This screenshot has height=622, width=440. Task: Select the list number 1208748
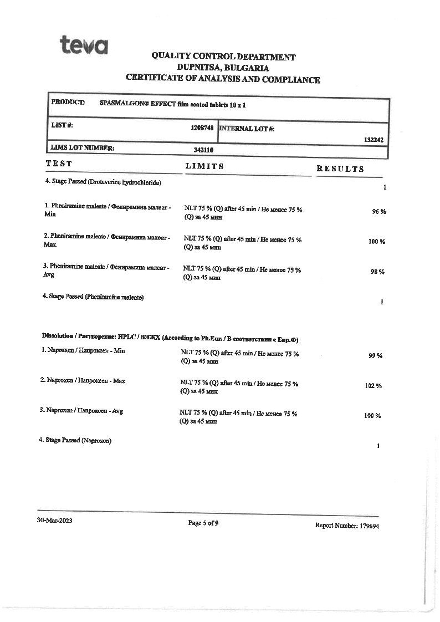[x=202, y=128]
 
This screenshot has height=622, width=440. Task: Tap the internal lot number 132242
[x=374, y=140]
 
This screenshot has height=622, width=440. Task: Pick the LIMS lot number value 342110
[x=203, y=150]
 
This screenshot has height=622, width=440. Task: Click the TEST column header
[x=59, y=164]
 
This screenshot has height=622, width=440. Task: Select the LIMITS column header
[x=204, y=166]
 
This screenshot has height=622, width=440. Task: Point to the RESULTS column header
[x=340, y=169]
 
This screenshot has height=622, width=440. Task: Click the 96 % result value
[x=378, y=212]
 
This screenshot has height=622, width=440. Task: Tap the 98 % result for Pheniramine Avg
[x=377, y=272]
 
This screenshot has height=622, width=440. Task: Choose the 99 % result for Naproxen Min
[x=376, y=356]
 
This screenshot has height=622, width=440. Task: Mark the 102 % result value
[x=373, y=386]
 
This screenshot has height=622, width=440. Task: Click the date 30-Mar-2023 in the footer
[x=54, y=521]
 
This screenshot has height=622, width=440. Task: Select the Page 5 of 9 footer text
[x=203, y=523]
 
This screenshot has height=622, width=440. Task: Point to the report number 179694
[x=369, y=526]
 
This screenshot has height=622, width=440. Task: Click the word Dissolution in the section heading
[x=58, y=336]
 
